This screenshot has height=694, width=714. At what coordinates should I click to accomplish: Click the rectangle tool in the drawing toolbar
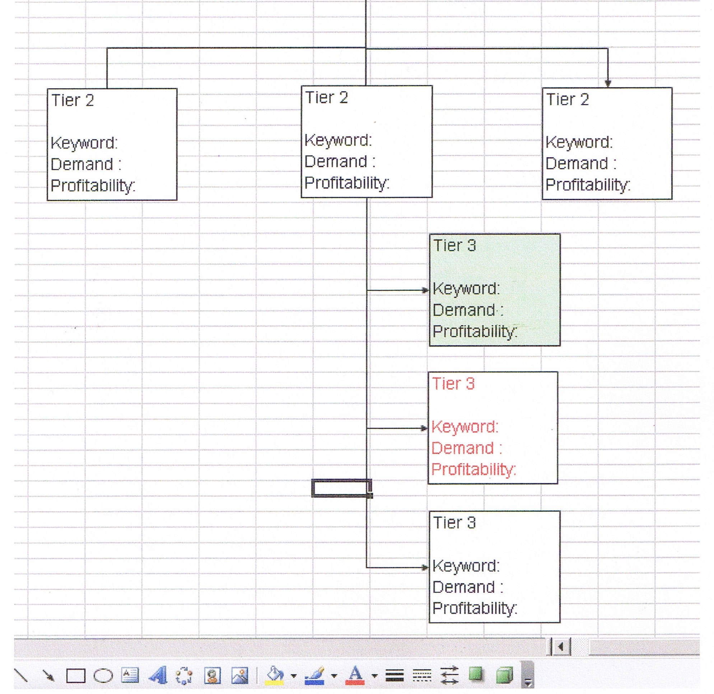click(75, 676)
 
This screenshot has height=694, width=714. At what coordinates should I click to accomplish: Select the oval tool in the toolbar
click(103, 676)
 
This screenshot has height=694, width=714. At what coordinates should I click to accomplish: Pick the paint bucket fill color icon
click(275, 675)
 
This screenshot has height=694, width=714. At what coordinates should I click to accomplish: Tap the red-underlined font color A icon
click(355, 675)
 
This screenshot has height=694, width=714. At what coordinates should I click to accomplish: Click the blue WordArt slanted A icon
click(158, 675)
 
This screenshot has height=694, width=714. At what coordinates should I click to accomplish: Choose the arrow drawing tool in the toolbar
click(48, 676)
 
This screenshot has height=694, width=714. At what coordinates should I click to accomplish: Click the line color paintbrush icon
click(314, 675)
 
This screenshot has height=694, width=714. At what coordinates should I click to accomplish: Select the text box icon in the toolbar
click(130, 675)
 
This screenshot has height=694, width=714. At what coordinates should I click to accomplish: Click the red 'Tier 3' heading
click(453, 384)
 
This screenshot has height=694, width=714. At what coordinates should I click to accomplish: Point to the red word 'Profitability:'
click(474, 470)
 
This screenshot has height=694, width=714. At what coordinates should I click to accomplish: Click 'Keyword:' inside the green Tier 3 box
click(466, 289)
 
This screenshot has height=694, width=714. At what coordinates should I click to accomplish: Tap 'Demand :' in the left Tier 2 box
click(86, 164)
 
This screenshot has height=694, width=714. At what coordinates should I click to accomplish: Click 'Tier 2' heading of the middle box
click(326, 98)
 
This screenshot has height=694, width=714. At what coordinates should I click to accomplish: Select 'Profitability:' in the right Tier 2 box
click(588, 185)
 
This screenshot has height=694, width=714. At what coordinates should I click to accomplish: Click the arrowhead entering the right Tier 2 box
click(608, 84)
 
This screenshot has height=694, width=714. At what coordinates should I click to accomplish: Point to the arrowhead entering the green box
click(425, 290)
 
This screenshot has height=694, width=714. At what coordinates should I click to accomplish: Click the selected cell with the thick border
click(342, 488)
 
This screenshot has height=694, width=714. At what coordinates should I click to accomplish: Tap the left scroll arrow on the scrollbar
click(561, 647)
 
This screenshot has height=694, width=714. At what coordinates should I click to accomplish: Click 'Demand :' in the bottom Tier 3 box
click(468, 587)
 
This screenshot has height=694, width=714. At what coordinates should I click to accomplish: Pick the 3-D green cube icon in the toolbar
click(505, 675)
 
